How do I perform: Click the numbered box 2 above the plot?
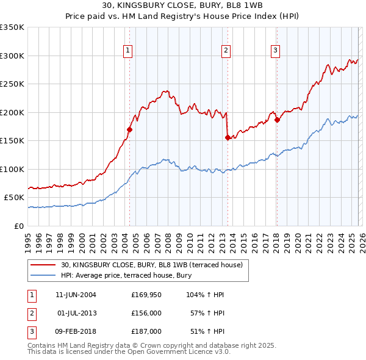pyautogui.click(x=226, y=51)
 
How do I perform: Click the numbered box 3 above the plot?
pyautogui.click(x=275, y=51)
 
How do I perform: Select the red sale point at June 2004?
pyautogui.click(x=129, y=129)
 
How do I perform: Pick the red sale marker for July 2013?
pyautogui.click(x=228, y=137)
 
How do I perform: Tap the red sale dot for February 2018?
pyautogui.click(x=277, y=120)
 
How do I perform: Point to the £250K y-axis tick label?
pyautogui.click(x=13, y=84)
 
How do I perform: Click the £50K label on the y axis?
pyautogui.click(x=15, y=198)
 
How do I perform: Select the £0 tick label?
pyautogui.click(x=20, y=226)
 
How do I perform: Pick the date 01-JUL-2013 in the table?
pyautogui.click(x=79, y=313)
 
